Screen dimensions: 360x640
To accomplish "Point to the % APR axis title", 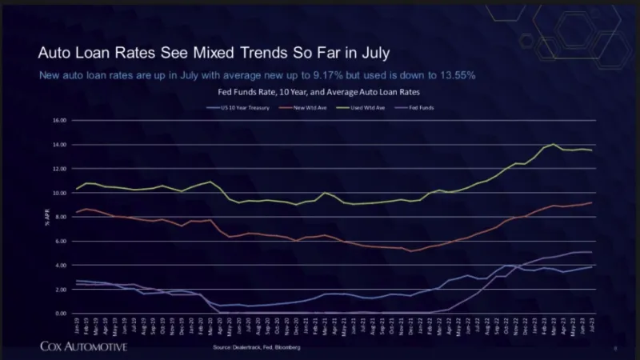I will tap(47, 217).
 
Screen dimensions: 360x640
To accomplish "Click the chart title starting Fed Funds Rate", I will tap(320, 93).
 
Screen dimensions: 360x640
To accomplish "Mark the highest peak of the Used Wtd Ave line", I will tap(554, 144).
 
